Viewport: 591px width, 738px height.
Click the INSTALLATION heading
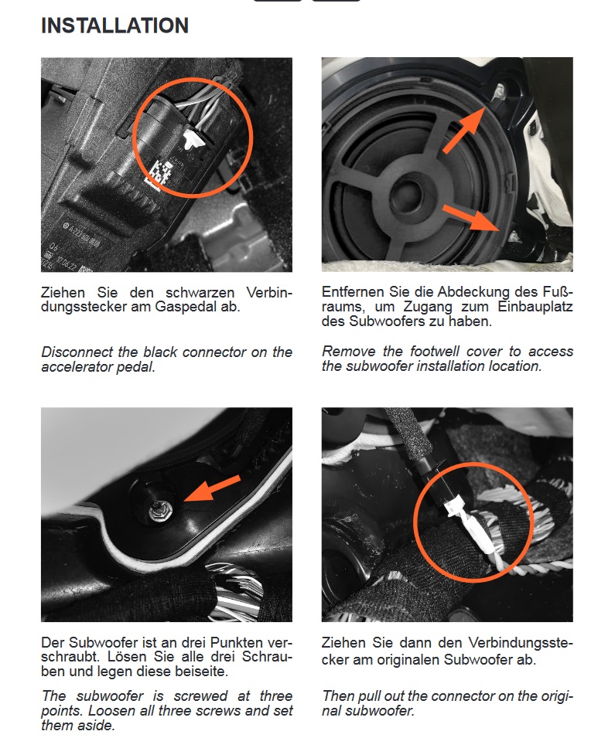click(115, 26)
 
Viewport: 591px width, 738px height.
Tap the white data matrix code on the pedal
click(158, 172)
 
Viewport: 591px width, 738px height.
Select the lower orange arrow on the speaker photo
click(470, 217)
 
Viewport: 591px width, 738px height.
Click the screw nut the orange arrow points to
click(158, 511)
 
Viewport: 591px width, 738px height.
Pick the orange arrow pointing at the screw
click(212, 488)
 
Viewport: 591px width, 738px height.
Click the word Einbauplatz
click(535, 307)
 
